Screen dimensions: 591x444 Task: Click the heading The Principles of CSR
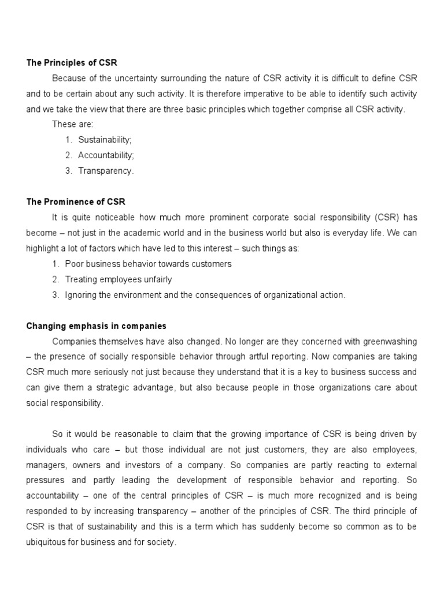click(72, 62)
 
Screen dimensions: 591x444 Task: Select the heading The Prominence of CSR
click(76, 201)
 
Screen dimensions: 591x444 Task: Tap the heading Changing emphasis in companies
click(96, 326)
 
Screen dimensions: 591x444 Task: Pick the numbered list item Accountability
click(107, 155)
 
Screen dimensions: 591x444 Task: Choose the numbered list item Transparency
click(106, 171)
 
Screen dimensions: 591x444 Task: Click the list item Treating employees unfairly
click(119, 279)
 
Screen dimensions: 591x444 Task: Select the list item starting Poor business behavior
click(148, 264)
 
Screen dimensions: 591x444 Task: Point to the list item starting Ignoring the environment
click(205, 295)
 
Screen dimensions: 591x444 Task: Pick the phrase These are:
click(69, 124)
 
